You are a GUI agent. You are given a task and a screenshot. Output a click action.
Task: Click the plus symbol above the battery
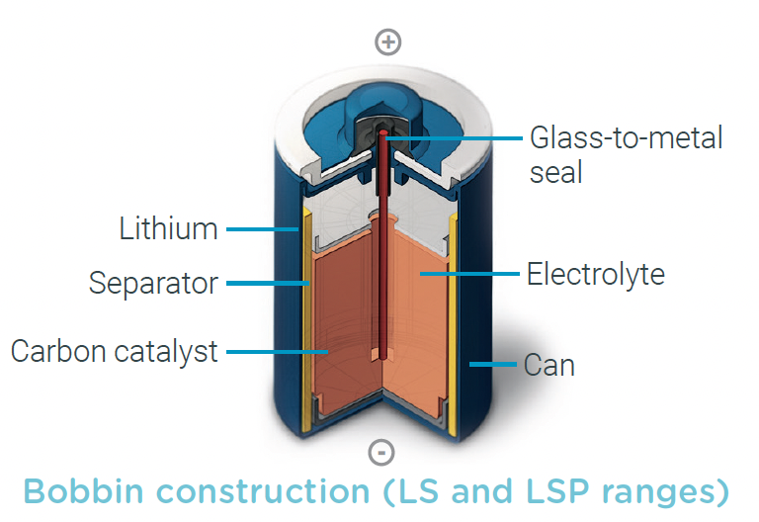[388, 42]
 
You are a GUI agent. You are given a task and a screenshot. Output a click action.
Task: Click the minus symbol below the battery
[381, 453]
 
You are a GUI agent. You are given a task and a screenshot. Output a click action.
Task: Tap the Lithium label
[168, 229]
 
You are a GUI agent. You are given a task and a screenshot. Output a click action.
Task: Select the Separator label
[153, 284]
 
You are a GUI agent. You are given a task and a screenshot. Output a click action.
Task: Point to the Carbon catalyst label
[115, 351]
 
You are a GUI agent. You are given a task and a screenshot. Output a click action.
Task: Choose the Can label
[548, 366]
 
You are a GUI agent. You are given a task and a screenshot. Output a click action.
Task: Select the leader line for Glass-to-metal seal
[455, 137]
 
